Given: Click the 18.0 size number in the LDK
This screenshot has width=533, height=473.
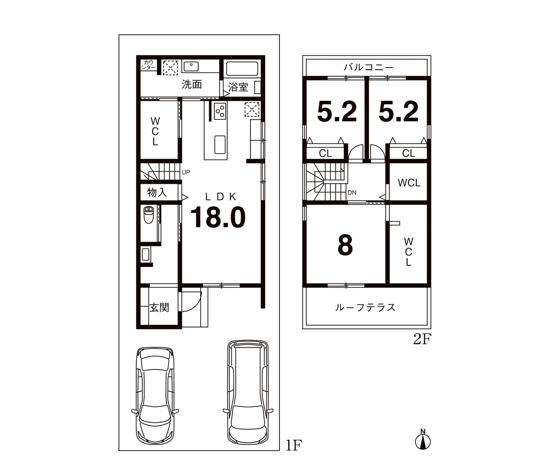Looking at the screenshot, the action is [x=218, y=217].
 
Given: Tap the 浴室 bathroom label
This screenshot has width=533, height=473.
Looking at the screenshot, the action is [x=238, y=87].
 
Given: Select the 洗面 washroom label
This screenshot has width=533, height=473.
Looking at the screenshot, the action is [x=192, y=85].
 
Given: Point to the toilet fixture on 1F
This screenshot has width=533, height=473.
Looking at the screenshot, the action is [x=148, y=214].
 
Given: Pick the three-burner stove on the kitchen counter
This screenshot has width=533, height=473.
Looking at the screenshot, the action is [x=220, y=111].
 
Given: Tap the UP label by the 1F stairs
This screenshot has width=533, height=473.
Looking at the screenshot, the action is [x=186, y=172].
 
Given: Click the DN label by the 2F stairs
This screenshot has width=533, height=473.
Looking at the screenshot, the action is [x=352, y=193].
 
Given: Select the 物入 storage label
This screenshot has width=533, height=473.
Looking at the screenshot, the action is [x=157, y=193].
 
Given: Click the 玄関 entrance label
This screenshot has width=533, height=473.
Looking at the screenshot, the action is [x=159, y=307].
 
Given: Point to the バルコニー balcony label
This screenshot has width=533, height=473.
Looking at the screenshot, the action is [x=368, y=67].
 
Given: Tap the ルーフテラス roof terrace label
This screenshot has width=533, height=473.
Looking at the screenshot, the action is [x=365, y=307].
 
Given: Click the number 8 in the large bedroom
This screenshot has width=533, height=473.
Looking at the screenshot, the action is [x=345, y=245].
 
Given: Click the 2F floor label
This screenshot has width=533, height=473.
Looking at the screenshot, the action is [x=422, y=340].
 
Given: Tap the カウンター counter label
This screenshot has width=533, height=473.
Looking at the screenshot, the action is [x=148, y=65].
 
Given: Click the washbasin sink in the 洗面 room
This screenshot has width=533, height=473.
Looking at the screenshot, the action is [x=191, y=66].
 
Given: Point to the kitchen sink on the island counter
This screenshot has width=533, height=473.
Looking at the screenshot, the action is [x=220, y=145].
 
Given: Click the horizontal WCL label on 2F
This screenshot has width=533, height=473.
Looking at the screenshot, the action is [x=409, y=183].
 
